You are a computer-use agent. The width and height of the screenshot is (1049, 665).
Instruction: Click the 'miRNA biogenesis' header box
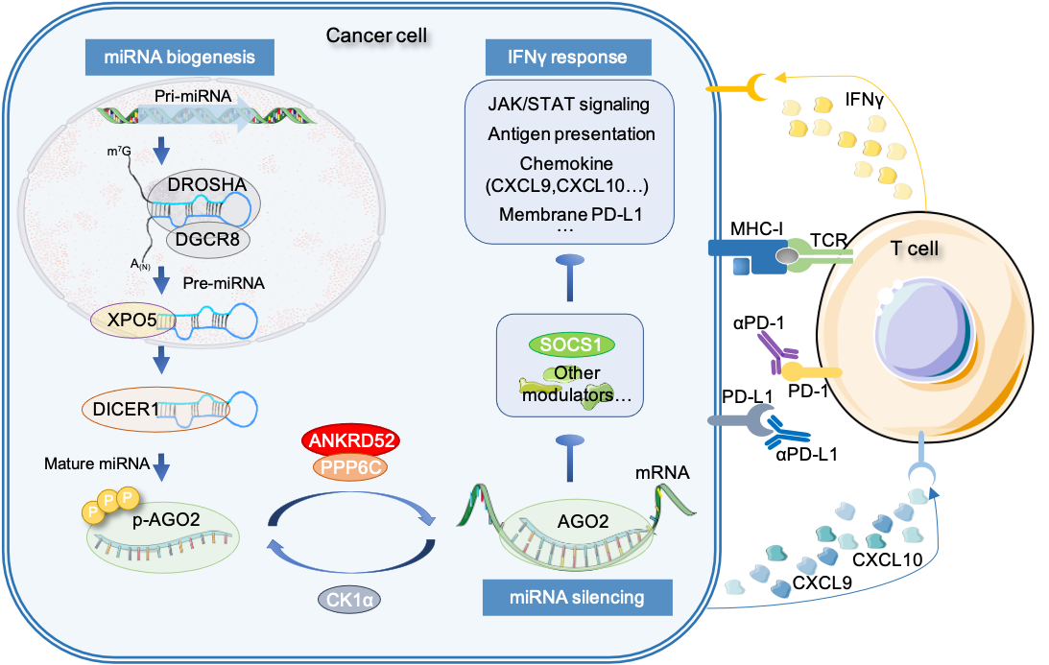pos(180,57)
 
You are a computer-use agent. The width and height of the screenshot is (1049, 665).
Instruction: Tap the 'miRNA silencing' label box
pos(576,598)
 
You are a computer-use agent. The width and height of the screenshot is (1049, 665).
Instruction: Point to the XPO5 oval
pos(125,319)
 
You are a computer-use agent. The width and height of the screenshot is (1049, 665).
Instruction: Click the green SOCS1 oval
pos(572,344)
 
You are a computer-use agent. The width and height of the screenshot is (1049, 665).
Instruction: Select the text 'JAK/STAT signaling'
pos(568,104)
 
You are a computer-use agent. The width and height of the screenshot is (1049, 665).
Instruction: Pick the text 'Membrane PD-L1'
pos(570,212)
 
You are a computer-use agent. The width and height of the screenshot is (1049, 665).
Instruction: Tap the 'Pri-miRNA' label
pos(186,97)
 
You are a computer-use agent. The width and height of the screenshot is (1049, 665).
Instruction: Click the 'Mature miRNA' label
pos(96,464)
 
